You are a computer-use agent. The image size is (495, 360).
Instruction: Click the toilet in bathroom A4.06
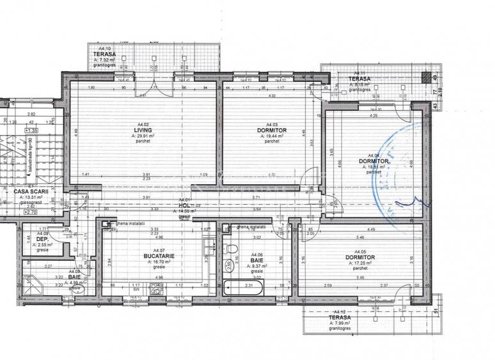coord(233,249)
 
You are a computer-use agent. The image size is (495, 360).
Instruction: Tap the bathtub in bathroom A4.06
coord(245,286)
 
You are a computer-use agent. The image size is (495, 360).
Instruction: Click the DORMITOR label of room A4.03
coord(272,130)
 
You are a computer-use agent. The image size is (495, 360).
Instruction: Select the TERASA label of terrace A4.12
coord(339,317)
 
